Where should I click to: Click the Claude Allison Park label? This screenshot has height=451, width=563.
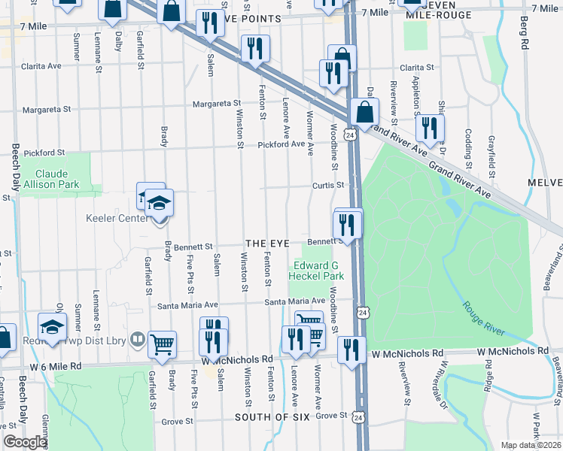pyautogui.click(x=52, y=177)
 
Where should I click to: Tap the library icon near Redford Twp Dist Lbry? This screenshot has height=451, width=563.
pyautogui.click(x=137, y=339)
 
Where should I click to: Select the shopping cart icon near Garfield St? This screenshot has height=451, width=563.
pyautogui.click(x=162, y=344)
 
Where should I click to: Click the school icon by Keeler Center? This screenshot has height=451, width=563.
pyautogui.click(x=159, y=203)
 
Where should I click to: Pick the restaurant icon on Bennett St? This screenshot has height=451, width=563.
pyautogui.click(x=348, y=224)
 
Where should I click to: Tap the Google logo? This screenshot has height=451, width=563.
pyautogui.click(x=25, y=443)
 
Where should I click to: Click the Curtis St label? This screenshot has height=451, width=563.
pyautogui.click(x=329, y=185)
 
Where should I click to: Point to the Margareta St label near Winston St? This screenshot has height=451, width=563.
pyautogui.click(x=216, y=104)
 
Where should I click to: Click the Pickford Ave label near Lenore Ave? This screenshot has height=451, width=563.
pyautogui.click(x=281, y=144)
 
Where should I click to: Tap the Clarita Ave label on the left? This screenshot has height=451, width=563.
pyautogui.click(x=42, y=66)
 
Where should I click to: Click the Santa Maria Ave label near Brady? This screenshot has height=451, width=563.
pyautogui.click(x=187, y=305)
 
